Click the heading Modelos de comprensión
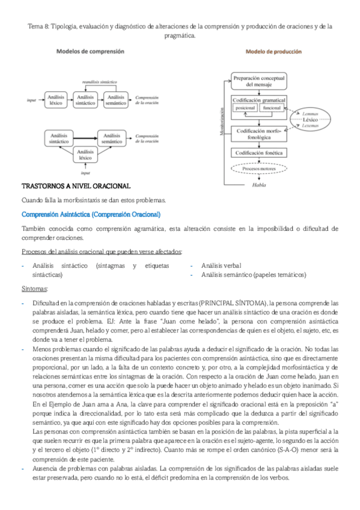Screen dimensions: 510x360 point(90,52)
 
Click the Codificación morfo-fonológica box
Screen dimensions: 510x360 point(258,134)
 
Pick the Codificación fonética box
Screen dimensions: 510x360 point(258,153)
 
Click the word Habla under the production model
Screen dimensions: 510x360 point(258,185)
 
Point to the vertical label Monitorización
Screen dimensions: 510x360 point(222,121)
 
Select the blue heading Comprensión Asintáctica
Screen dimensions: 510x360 point(90,214)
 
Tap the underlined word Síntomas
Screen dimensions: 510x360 point(35,289)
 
